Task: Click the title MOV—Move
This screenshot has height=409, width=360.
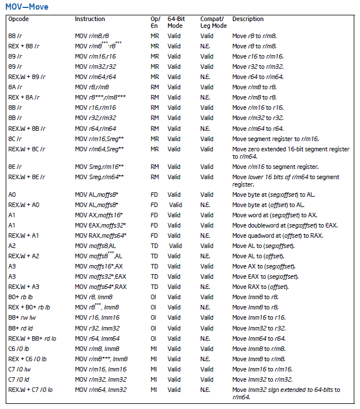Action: click(27, 7)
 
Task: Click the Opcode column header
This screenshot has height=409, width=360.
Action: click(19, 19)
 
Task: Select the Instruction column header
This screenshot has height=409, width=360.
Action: click(90, 19)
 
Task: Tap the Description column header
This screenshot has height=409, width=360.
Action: click(248, 19)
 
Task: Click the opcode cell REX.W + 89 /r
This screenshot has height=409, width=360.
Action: click(27, 77)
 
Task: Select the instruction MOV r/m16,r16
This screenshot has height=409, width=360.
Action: click(96, 56)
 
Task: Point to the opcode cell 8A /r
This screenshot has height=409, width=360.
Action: click(15, 87)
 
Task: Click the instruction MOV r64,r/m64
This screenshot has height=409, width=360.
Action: click(96, 128)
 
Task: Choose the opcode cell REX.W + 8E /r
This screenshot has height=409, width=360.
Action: click(27, 177)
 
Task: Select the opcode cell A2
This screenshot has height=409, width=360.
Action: click(12, 246)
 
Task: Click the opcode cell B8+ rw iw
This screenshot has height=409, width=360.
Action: click(22, 317)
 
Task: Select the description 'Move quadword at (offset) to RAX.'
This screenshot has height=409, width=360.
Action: click(278, 236)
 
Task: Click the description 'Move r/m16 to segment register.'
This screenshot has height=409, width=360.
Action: click(275, 167)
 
